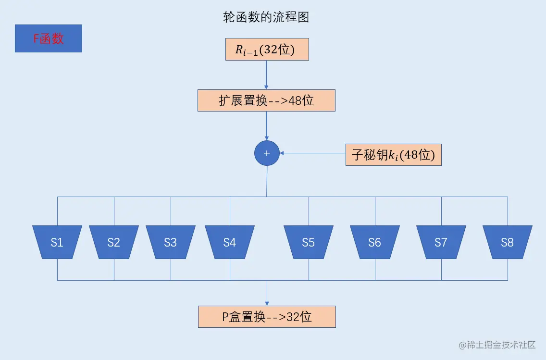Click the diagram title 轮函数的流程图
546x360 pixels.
coord(266,17)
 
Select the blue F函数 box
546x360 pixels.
coord(49,38)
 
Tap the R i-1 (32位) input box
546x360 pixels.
coord(267,50)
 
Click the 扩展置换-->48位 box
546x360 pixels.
coord(266,101)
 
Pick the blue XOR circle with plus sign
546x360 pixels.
coord(267,153)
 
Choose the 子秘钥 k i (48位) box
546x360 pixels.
coord(393,155)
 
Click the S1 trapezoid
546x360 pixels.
coord(57,242)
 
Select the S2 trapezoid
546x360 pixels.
coord(114,242)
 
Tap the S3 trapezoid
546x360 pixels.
coord(171,242)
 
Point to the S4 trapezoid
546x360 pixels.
coord(230,242)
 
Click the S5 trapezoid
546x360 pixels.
coord(309,242)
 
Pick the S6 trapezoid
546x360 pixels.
coord(374,242)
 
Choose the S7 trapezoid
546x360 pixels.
coord(441,242)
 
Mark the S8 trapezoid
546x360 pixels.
coord(508,242)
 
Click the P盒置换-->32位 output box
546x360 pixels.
coord(267,317)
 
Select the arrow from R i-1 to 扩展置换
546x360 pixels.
coord(267,75)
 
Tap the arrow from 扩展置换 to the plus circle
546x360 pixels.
coord(267,126)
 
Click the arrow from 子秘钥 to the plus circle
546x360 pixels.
coord(312,153)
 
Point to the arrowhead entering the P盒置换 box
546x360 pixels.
coord(267,302)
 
